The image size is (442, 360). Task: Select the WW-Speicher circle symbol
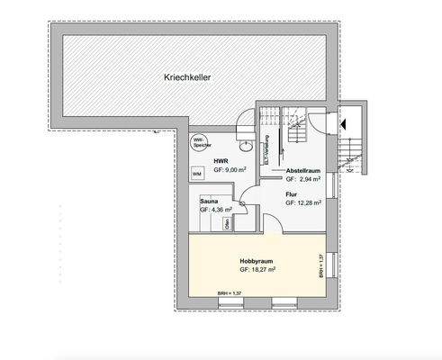199,141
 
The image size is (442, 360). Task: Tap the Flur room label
292,194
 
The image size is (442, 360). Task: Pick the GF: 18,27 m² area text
257,269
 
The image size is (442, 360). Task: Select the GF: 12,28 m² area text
303,204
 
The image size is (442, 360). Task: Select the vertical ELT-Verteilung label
266,149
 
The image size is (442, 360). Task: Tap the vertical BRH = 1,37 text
322,267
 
